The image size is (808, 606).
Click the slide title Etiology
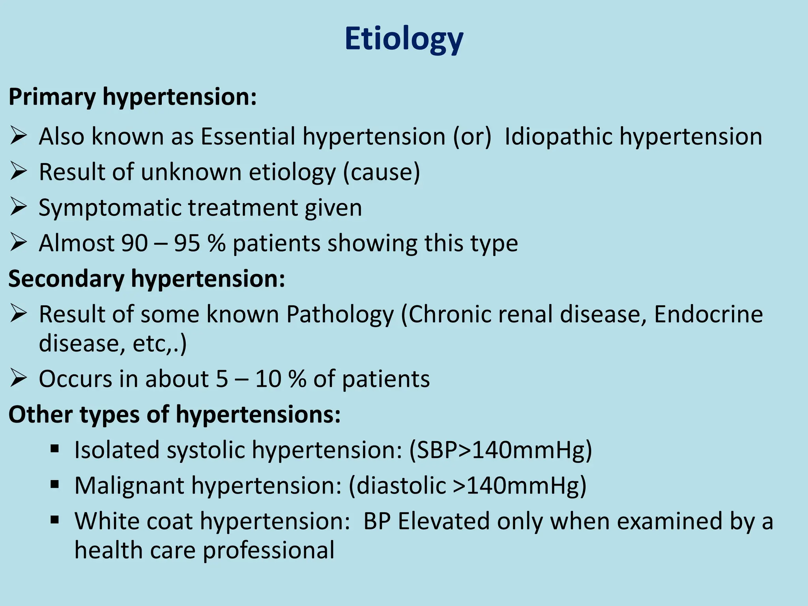404,39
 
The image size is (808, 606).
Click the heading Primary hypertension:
133,97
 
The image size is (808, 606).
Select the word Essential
248,137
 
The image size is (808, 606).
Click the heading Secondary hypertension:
147,279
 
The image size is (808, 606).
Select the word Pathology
340,315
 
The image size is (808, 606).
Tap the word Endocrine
708,314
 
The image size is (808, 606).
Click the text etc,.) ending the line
159,344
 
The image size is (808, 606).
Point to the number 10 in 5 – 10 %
268,379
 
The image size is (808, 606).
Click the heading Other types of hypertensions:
174,415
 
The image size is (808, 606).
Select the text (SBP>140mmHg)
501,450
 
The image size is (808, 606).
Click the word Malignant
129,486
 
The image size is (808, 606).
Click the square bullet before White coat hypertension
54,520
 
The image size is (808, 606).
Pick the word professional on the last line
268,550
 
